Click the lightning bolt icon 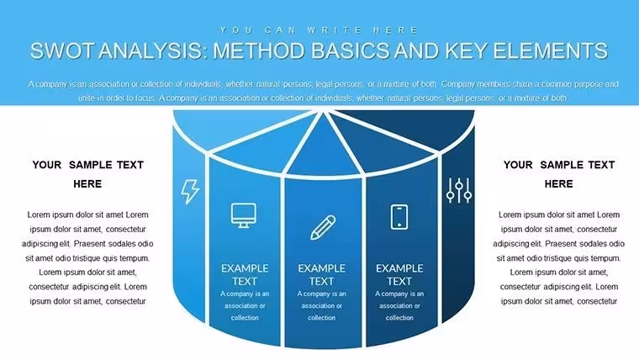click(190, 191)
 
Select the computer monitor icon click(244, 214)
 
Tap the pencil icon click(323, 227)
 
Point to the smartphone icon click(399, 217)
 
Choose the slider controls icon click(459, 190)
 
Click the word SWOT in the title click(63, 51)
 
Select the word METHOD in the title click(259, 51)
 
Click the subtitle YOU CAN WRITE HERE click(319, 30)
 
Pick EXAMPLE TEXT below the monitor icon click(245, 275)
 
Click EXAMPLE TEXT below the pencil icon click(321, 275)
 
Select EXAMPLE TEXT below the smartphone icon click(399, 275)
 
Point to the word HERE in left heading click(87, 184)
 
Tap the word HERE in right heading click(559, 184)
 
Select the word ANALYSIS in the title click(153, 51)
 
